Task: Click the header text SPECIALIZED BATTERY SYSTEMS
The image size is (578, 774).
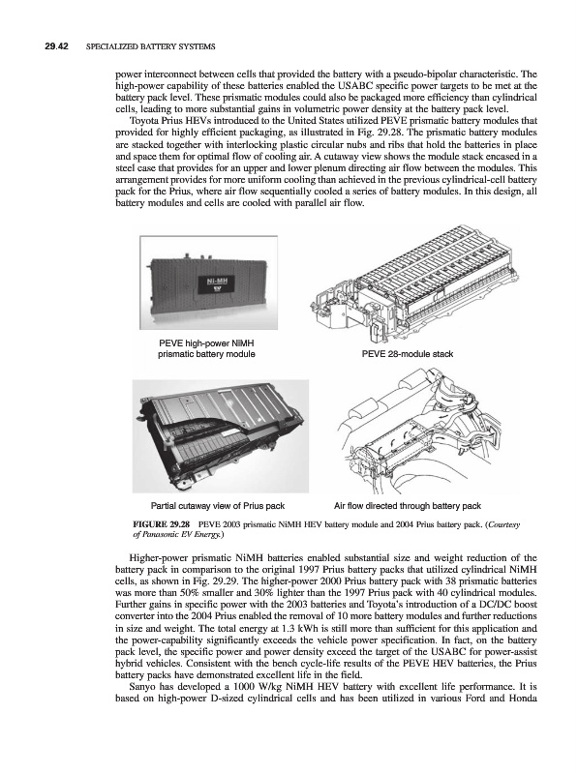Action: coord(151,46)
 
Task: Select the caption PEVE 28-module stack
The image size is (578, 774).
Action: coord(408,354)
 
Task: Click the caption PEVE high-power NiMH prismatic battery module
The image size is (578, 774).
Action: coord(206,349)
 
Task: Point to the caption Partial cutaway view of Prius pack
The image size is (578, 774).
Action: coord(218,506)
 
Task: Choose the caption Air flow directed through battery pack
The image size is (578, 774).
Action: coord(408,506)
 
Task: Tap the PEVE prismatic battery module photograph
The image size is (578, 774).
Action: coord(208,283)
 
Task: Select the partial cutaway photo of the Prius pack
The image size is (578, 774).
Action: coord(221,436)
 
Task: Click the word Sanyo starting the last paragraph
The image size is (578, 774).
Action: coord(140,687)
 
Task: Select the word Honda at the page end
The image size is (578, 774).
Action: coord(525,699)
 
